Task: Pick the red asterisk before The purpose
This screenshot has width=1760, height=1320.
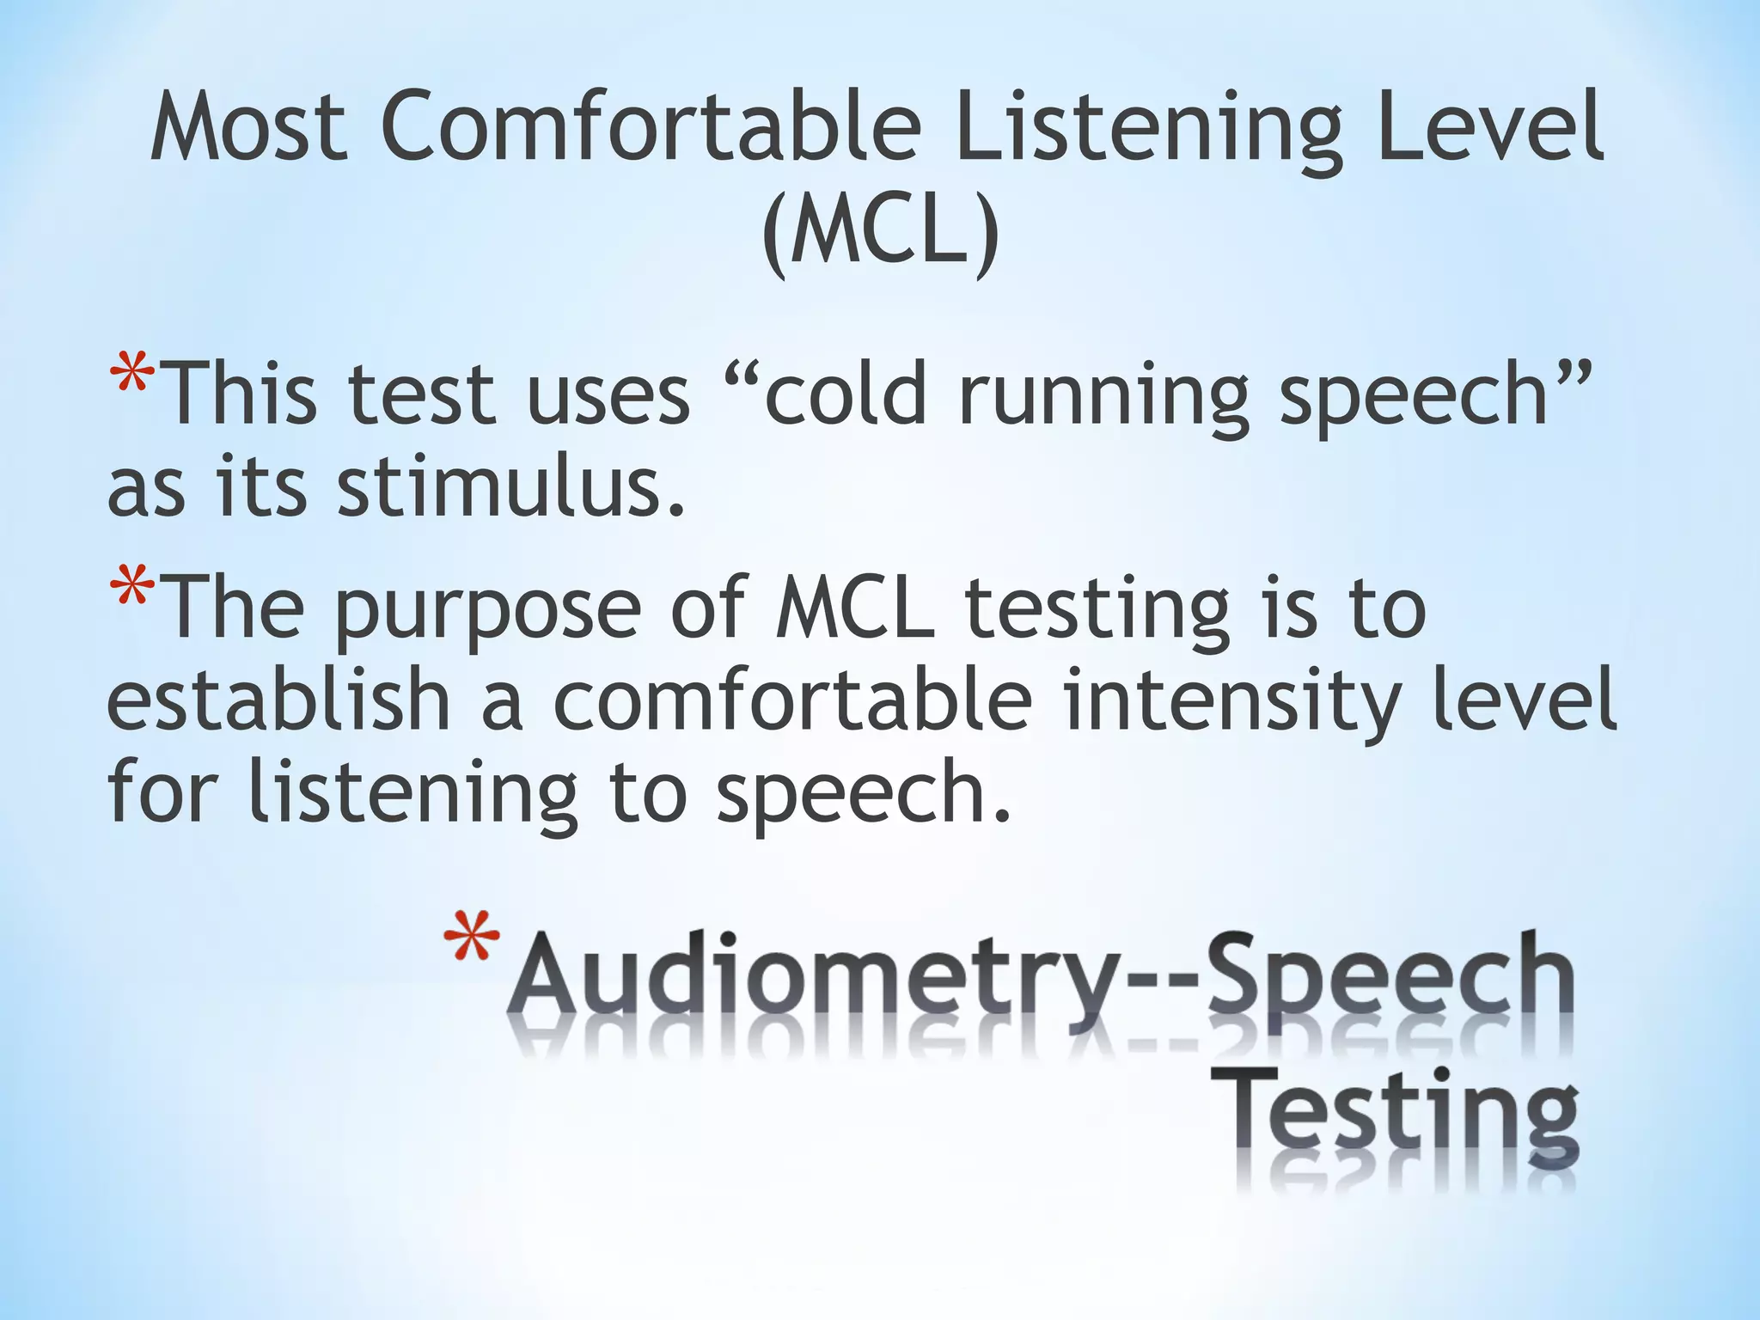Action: click(132, 593)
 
